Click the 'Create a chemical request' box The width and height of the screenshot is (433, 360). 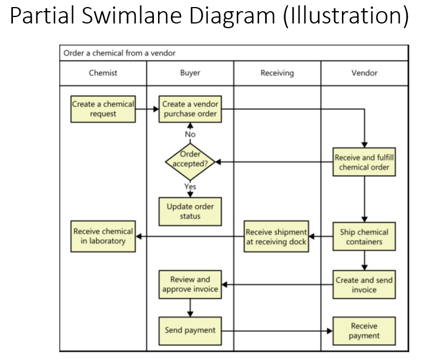[x=103, y=109]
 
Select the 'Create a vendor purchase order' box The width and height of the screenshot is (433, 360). [x=190, y=109]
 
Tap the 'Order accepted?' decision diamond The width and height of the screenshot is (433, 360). [x=190, y=159]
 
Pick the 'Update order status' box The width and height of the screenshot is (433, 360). [x=190, y=211]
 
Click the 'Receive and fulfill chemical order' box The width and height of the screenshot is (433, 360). [x=364, y=162]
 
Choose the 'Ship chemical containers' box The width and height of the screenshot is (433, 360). [x=364, y=237]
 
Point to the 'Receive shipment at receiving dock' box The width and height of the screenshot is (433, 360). [x=277, y=237]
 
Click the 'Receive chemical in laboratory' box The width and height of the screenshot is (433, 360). [x=103, y=237]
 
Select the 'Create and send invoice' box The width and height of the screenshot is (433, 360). [x=364, y=285]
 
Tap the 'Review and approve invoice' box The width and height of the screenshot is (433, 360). [x=190, y=285]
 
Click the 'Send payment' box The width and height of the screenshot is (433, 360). [x=190, y=330]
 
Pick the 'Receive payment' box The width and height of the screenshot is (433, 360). [x=364, y=331]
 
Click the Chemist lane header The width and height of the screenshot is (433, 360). [x=103, y=73]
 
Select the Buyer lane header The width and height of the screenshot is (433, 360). [x=190, y=73]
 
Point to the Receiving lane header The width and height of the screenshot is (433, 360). [x=277, y=73]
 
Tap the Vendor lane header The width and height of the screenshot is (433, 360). [x=364, y=73]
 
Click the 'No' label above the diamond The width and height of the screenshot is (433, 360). [x=190, y=134]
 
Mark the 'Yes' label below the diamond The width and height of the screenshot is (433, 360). [x=190, y=187]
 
